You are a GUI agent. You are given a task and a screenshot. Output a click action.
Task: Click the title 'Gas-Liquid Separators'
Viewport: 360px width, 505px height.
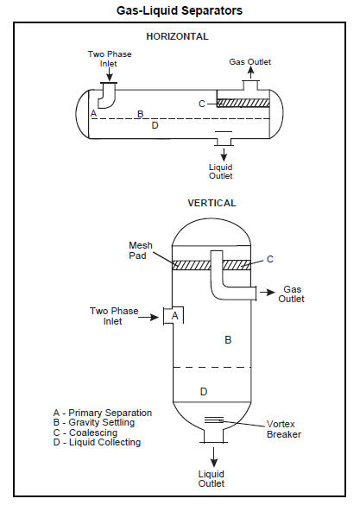pos(180,10)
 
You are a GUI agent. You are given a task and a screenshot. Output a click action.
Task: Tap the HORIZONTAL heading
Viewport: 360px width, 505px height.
pos(178,36)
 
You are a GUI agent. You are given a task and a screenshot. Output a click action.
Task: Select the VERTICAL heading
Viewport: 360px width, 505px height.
pos(212,203)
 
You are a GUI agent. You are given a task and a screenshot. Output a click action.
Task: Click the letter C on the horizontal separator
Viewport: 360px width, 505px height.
pos(202,104)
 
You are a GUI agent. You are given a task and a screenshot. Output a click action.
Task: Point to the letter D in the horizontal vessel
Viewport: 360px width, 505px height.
pos(155,125)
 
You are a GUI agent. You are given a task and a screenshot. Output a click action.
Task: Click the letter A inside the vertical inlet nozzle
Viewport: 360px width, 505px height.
pos(175,315)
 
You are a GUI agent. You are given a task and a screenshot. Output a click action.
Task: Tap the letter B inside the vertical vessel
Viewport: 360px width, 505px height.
pos(228,340)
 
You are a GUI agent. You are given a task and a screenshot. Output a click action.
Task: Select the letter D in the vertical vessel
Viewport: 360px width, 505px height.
pos(204,392)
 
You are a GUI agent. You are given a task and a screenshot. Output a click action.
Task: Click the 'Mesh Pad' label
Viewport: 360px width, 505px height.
pos(141,250)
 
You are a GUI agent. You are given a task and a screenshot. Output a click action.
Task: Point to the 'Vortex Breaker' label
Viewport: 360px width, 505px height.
pos(284,429)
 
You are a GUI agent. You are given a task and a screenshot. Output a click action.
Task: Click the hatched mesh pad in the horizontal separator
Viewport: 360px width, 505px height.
pos(243,103)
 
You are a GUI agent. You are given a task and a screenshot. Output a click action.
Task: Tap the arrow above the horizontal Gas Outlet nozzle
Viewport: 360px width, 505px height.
pos(250,73)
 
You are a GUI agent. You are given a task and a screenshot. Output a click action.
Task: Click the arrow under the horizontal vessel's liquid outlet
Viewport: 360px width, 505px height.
pos(224,155)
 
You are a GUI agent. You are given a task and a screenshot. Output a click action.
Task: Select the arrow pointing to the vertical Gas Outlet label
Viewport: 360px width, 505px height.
pos(268,293)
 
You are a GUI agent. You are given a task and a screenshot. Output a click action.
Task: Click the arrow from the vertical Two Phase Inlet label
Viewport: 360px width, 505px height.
pos(148,317)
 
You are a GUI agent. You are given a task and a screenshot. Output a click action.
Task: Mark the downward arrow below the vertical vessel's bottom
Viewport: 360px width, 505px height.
pos(214,457)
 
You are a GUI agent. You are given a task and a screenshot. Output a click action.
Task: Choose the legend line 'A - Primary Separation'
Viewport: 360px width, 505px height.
pos(103,413)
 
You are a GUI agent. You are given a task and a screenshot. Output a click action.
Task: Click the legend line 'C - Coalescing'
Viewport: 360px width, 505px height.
pos(85,432)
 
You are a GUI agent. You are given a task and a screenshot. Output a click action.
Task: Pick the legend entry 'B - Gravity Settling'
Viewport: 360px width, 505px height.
pos(94,422)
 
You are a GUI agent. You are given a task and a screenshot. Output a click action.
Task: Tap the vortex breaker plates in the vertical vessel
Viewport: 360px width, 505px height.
pos(214,420)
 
